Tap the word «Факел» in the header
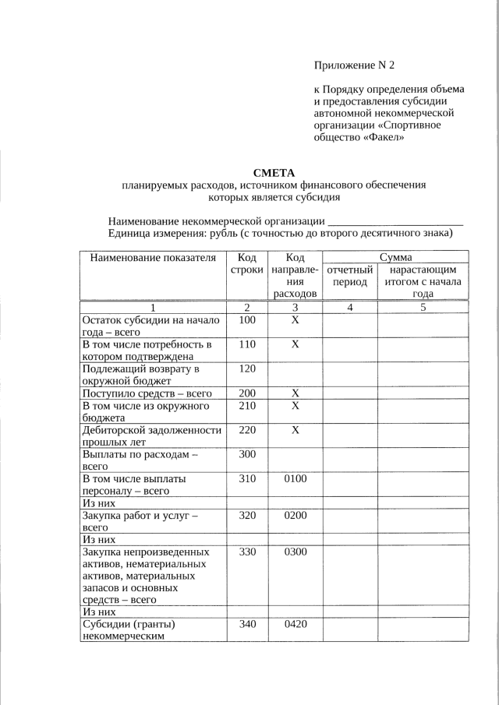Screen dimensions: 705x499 point(380,137)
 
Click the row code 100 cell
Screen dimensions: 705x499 point(247,320)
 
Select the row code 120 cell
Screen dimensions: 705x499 point(247,368)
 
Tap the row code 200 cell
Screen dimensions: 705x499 point(247,393)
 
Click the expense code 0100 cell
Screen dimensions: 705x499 point(295,478)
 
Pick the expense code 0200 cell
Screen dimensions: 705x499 point(295,515)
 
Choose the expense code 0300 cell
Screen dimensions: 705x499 point(295,552)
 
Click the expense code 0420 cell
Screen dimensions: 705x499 point(295,624)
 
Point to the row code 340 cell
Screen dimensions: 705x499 point(247,624)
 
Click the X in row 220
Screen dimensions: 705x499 point(295,430)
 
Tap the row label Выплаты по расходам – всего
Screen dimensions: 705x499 point(140,460)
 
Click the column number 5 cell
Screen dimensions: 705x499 point(423,307)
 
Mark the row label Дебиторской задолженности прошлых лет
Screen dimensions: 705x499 point(152,436)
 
